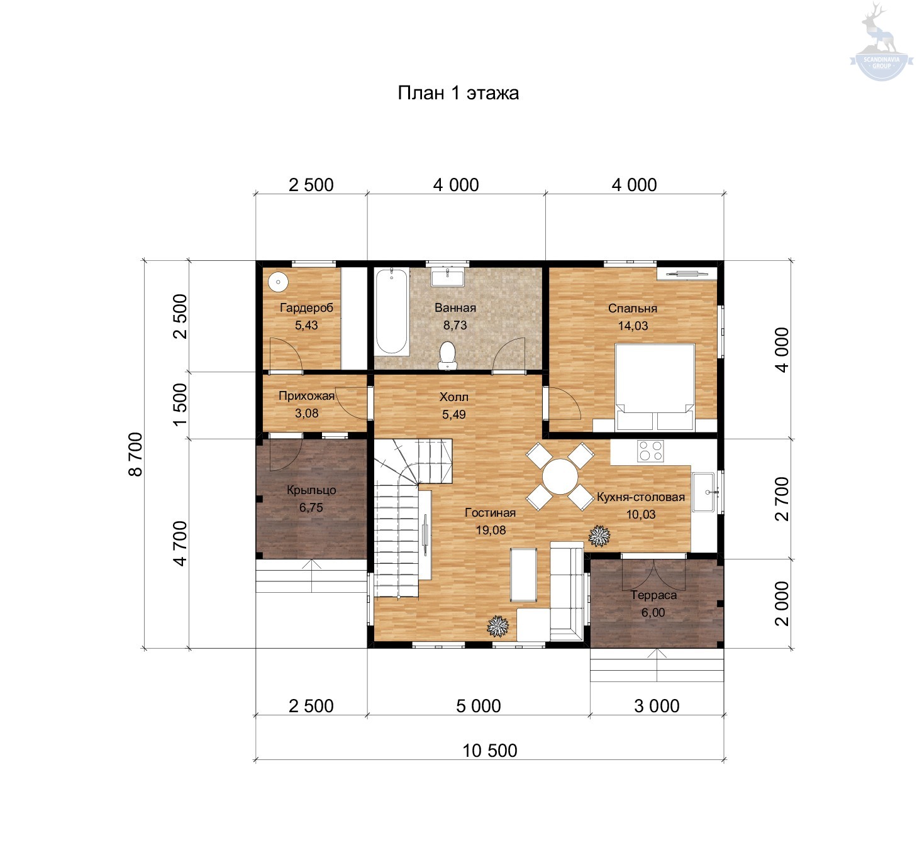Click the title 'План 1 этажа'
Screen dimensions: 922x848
(x=458, y=93)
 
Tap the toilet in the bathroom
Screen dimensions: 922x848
(x=447, y=355)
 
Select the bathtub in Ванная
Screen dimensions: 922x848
(x=392, y=312)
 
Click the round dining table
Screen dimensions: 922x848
(x=560, y=476)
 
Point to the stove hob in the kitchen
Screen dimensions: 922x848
(x=650, y=451)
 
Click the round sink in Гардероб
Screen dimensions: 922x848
(x=278, y=282)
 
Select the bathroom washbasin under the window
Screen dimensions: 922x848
(x=447, y=277)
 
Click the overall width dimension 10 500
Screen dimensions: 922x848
(x=490, y=751)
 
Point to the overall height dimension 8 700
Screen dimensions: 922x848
(x=136, y=454)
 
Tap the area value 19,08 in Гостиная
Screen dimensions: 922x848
(x=491, y=530)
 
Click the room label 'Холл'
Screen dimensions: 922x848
(x=453, y=397)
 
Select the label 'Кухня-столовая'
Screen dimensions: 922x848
(x=641, y=497)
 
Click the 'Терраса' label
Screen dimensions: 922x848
(x=653, y=595)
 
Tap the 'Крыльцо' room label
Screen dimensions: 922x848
(x=311, y=490)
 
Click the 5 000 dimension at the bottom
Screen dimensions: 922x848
(x=479, y=705)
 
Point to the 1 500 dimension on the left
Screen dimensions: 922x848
(x=180, y=404)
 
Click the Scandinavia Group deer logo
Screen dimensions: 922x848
(x=881, y=41)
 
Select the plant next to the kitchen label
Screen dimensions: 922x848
(x=599, y=536)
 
